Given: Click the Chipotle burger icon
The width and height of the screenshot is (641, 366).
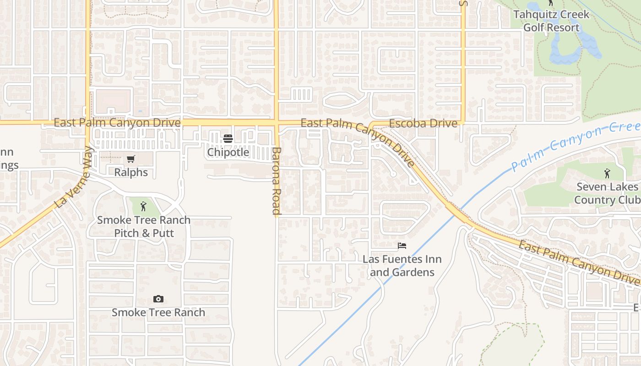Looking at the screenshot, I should [x=228, y=139].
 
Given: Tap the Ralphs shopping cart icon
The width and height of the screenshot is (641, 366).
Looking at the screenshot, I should [x=131, y=159].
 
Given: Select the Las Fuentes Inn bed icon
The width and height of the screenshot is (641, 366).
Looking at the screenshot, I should [x=402, y=246].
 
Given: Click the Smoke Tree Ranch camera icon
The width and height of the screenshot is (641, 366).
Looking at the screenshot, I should [x=158, y=299].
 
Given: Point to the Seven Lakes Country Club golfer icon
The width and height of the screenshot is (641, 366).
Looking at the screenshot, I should [x=607, y=173].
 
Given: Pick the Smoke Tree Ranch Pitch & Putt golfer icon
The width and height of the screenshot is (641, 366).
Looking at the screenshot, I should [x=143, y=206].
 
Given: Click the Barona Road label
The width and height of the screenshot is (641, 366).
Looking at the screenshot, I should [x=276, y=181].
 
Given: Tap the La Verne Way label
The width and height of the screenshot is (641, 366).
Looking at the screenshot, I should [x=73, y=178].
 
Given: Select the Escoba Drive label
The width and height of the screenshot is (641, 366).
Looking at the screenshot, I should [x=423, y=124].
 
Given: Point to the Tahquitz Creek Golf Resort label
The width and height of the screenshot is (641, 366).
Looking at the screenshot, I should [x=551, y=21].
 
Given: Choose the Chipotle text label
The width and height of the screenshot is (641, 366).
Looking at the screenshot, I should [x=228, y=152].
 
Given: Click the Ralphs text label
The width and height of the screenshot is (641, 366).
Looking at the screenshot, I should [x=131, y=172].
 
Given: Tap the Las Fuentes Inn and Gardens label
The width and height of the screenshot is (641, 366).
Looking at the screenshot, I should [x=402, y=266].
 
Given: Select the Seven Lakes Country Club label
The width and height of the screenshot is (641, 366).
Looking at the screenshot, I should [x=607, y=194].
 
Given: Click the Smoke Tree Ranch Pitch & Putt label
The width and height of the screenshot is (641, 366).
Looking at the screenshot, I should [x=144, y=226].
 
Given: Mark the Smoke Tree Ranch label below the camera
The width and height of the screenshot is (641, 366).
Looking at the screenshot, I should [x=158, y=312].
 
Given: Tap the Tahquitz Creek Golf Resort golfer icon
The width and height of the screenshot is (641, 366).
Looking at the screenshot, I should [x=551, y=3].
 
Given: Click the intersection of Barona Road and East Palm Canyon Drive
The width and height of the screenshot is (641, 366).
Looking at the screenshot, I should [x=277, y=123].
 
